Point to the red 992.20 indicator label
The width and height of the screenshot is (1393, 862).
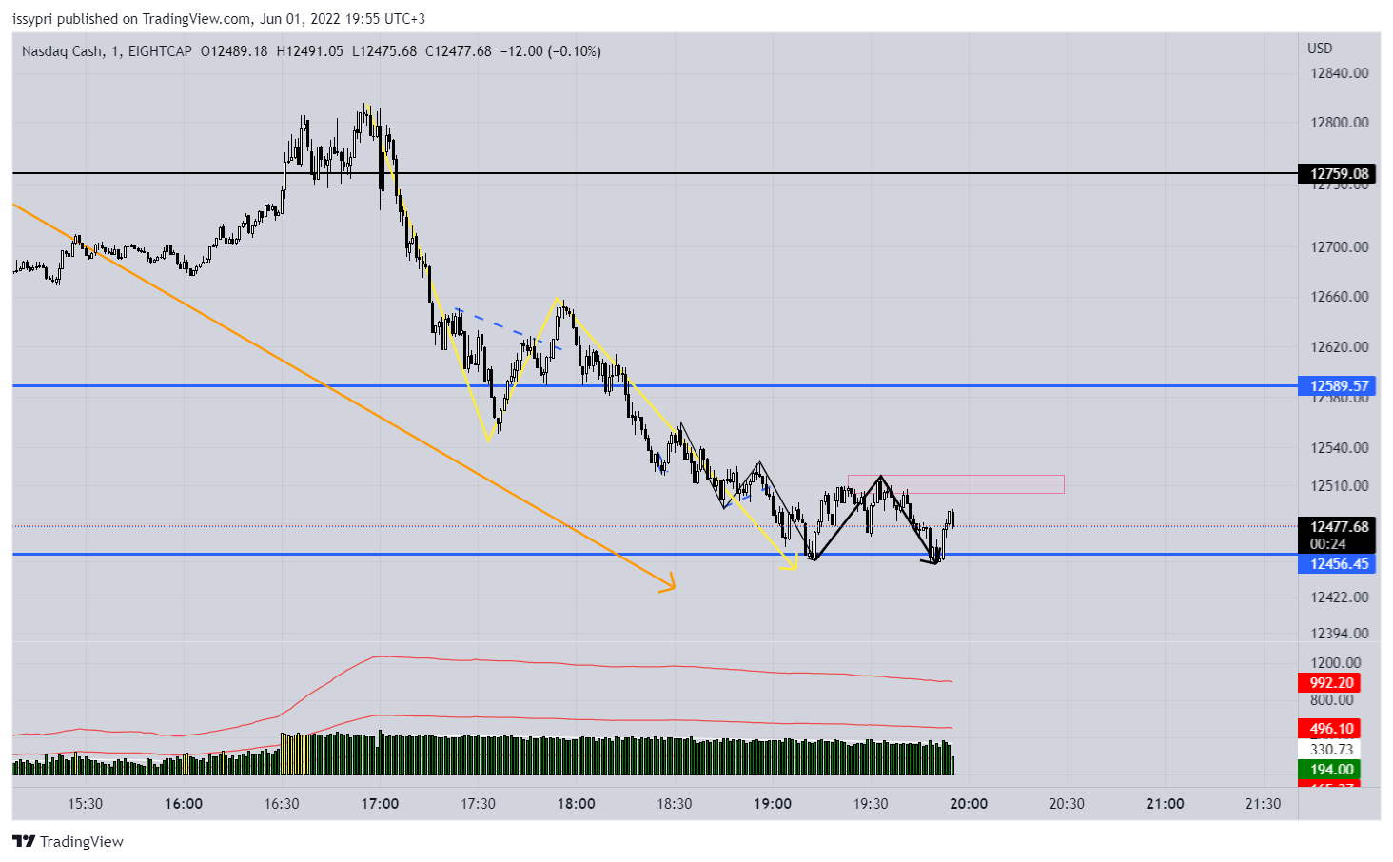tap(1331, 682)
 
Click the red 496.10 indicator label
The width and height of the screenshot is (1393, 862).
tap(1331, 729)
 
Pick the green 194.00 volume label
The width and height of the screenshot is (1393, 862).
tap(1331, 769)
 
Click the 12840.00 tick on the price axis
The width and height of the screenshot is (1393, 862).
tap(1339, 73)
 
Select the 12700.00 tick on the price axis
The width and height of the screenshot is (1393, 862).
tap(1339, 247)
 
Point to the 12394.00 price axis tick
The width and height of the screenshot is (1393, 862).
tap(1339, 634)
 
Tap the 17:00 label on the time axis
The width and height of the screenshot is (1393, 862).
tap(380, 804)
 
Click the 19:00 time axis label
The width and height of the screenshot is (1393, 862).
tap(772, 804)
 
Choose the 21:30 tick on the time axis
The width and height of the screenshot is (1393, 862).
tap(1263, 804)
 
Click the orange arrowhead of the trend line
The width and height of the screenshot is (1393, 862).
tap(669, 584)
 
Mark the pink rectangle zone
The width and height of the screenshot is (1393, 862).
tap(955, 484)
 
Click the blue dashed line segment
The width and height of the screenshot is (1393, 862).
tap(508, 328)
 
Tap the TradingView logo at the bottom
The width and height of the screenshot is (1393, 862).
tap(69, 841)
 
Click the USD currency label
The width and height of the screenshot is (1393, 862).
tap(1320, 49)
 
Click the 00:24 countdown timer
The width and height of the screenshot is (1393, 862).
tap(1327, 544)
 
